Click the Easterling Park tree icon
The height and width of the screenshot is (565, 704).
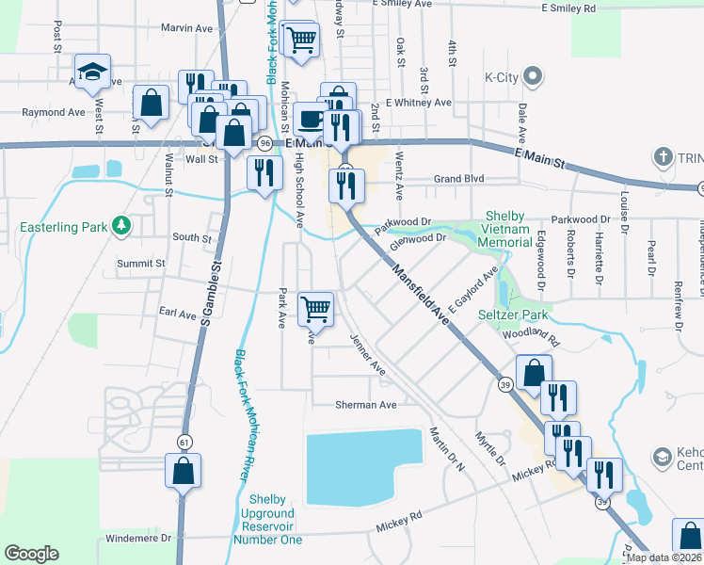[x=120, y=226]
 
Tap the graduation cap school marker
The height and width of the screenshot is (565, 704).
[x=93, y=73]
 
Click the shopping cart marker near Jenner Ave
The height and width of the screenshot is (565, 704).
[x=315, y=309]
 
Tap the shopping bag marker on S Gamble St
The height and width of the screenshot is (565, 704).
[x=183, y=470]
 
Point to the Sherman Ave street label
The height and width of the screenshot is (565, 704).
[x=366, y=404]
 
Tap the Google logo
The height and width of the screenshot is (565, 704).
[x=32, y=553]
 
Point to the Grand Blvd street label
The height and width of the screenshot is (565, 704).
[x=458, y=178]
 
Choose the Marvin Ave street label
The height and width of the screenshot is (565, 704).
[x=186, y=28]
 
